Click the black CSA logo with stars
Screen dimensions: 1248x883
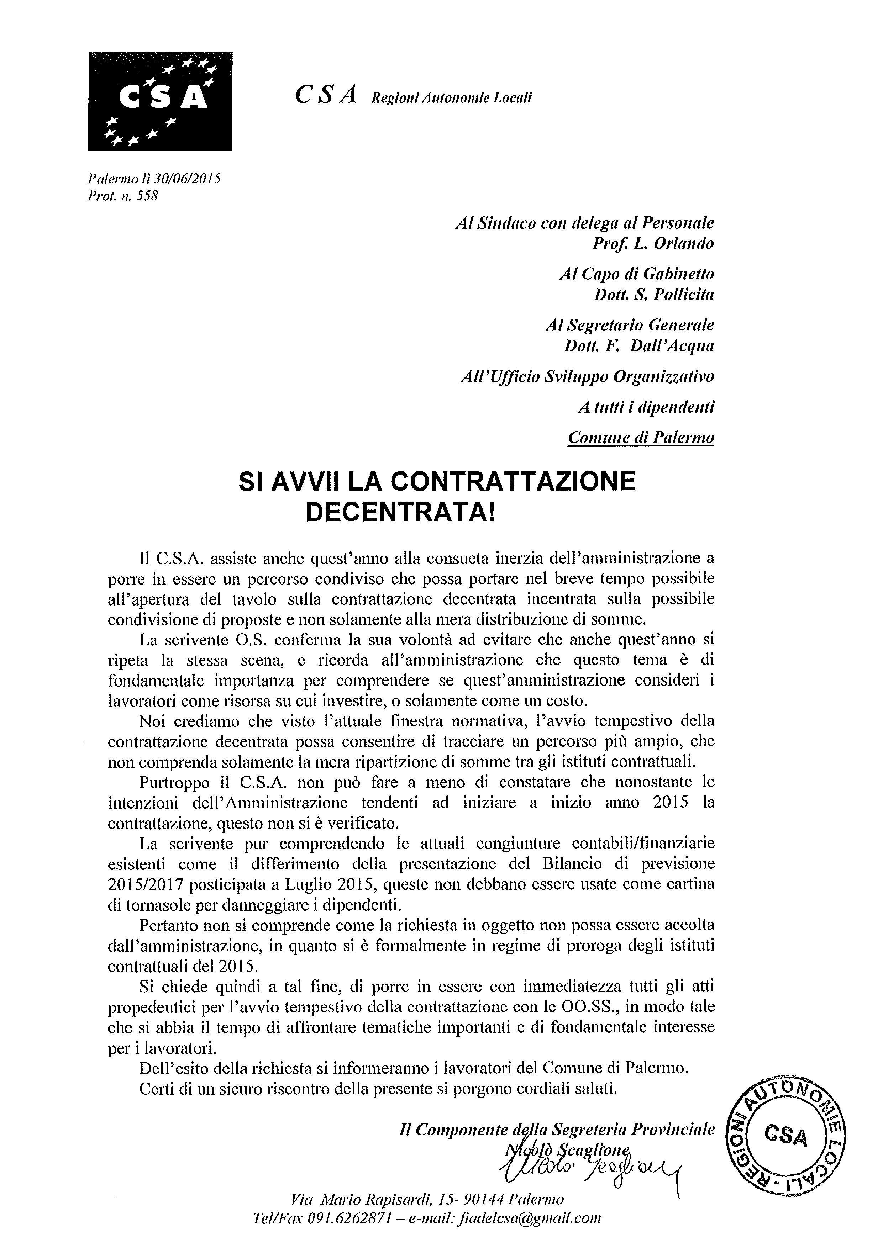tap(160, 101)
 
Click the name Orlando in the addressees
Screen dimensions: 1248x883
tap(683, 243)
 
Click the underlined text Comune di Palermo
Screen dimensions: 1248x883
tap(641, 438)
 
